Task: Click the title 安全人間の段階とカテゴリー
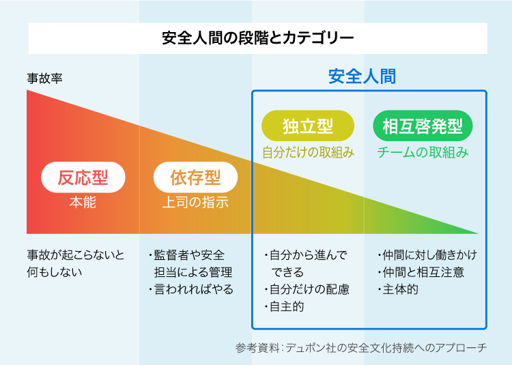[x=257, y=38]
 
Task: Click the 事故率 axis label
[x=45, y=78]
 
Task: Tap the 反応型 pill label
[x=83, y=178]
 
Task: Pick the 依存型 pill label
[x=195, y=178]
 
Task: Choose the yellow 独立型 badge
[x=308, y=126]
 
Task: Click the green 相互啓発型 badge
[x=423, y=126]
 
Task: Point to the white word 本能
[x=83, y=203]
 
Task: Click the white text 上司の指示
[x=195, y=203]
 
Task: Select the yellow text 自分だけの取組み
[x=308, y=152]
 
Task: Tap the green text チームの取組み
[x=423, y=152]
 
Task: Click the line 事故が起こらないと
[x=76, y=255]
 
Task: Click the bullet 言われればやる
[x=192, y=289]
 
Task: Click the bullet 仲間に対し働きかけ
[x=427, y=255]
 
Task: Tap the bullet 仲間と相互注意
[x=421, y=272]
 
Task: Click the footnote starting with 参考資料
[x=361, y=348]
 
